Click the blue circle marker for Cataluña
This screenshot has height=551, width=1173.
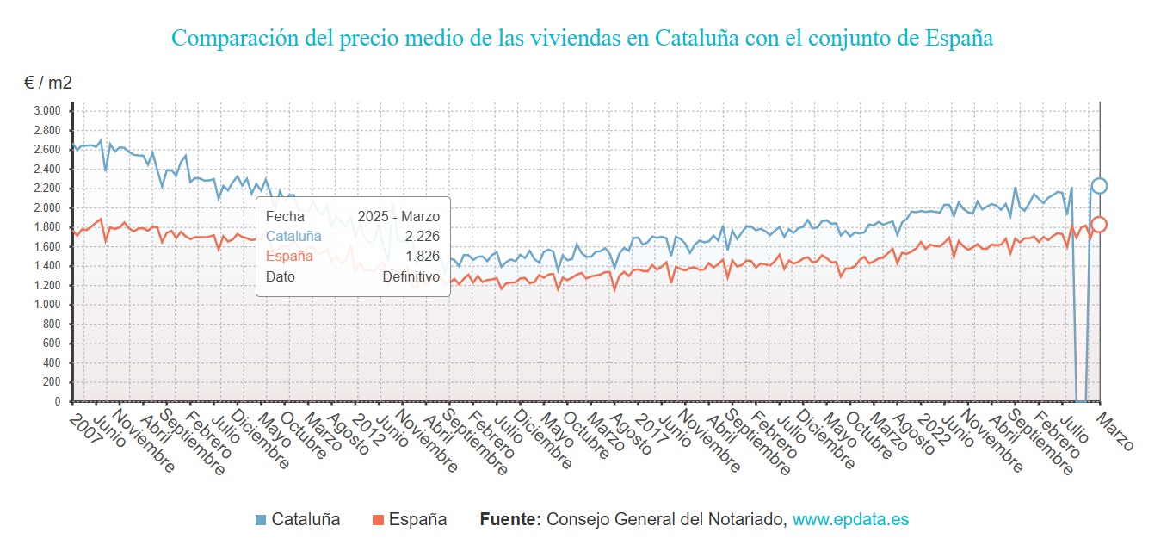click(1099, 186)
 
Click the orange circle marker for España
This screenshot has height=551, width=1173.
click(1099, 225)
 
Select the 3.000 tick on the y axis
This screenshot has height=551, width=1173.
click(46, 110)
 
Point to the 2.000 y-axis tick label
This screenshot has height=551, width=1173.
click(46, 207)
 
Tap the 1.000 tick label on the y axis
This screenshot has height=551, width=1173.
click(46, 305)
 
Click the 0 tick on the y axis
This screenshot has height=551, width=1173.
click(58, 402)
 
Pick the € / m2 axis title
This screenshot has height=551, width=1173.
click(47, 84)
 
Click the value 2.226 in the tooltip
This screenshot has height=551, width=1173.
click(423, 236)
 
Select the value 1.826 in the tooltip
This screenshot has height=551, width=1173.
click(423, 256)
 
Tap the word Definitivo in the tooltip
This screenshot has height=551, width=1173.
click(411, 276)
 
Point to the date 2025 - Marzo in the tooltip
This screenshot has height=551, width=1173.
click(398, 216)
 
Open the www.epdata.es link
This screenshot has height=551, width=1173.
click(850, 520)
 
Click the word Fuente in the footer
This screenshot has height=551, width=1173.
click(509, 520)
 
